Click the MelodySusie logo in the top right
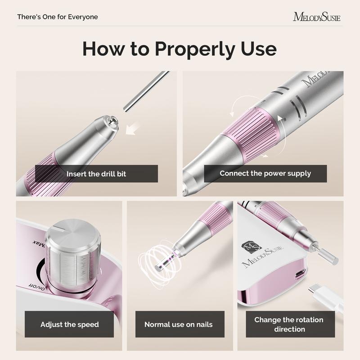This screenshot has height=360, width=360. (317, 17)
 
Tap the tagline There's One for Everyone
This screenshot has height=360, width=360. (58, 17)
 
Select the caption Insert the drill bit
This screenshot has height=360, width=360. (96, 174)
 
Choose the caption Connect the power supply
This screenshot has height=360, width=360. (265, 173)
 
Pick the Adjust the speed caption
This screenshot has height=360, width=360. (70, 324)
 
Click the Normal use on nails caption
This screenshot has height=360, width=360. (178, 324)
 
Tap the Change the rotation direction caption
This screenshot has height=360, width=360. (289, 324)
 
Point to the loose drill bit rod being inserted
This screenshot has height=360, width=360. (146, 91)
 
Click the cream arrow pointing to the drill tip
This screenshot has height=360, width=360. (133, 129)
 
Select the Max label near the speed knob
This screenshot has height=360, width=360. (39, 243)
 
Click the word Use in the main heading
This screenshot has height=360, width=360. (258, 49)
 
